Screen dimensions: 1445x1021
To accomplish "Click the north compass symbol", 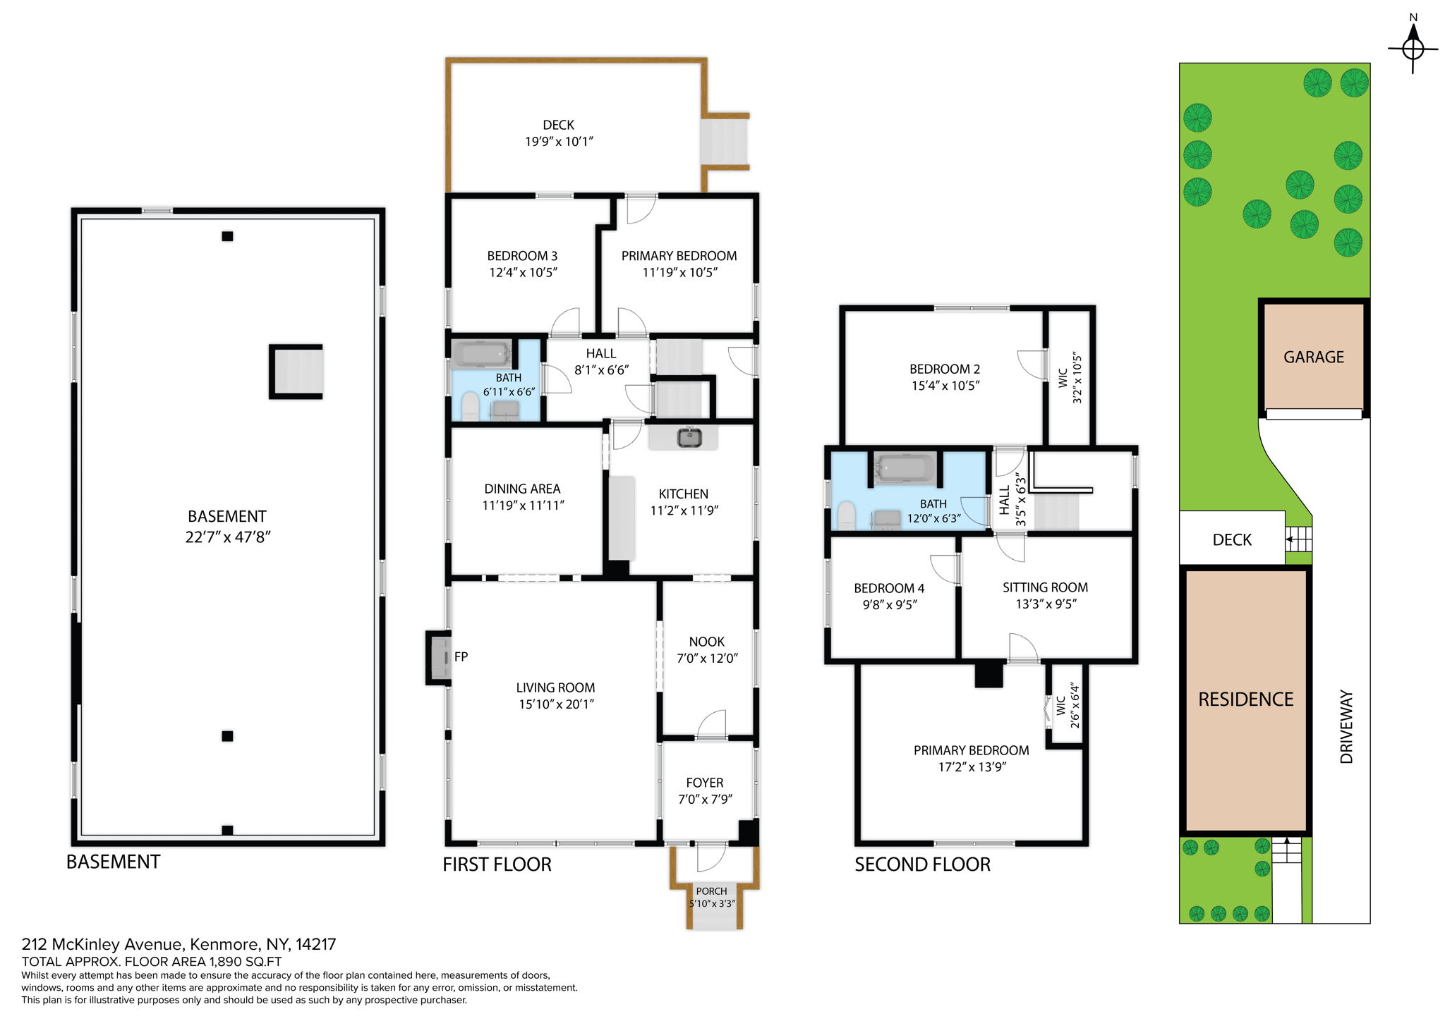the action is [1413, 48].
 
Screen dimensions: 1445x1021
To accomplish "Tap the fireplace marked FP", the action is [440, 657].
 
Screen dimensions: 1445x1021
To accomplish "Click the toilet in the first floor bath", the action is [470, 407].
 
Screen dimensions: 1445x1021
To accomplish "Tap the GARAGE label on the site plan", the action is [1313, 357].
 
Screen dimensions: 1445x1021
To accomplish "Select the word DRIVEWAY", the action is [1346, 726].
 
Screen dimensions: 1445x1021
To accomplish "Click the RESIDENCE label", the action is [1245, 699].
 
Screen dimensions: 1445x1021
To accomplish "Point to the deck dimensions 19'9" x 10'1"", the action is [559, 142].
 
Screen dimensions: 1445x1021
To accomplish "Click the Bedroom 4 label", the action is [889, 588].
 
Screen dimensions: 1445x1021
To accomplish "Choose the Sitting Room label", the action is [1045, 587].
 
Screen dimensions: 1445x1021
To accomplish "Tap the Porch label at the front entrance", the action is [711, 891].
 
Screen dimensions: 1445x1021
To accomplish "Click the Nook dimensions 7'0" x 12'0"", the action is [707, 659].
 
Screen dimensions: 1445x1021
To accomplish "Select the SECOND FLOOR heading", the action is [922, 864].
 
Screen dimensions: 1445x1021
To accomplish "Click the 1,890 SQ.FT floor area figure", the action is [246, 962].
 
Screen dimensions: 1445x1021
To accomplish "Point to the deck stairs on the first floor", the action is [724, 141].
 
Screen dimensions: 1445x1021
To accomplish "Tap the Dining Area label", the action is [522, 489].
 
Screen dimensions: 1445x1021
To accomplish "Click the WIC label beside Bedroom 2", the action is [1063, 378].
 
